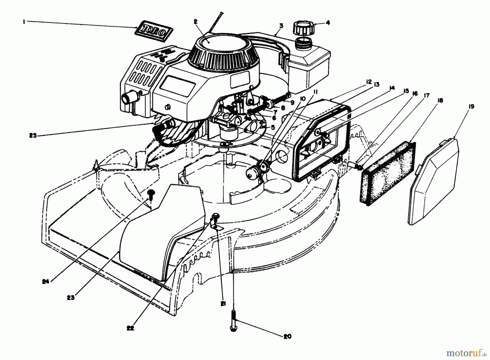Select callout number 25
(33, 136)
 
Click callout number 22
(130, 328)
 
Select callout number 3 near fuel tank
(281, 26)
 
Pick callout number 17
(426, 95)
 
